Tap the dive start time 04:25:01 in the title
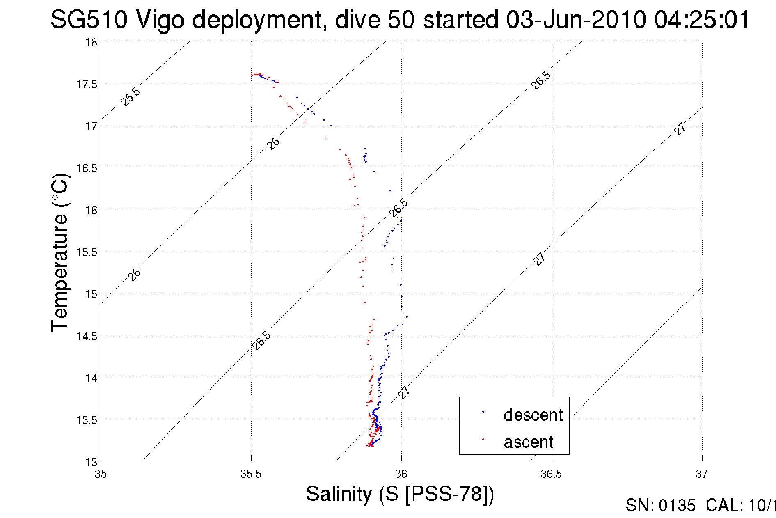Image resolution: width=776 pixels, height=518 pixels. point(702,20)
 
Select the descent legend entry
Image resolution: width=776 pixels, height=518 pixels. point(533,415)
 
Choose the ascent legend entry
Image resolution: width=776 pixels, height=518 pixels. point(529,442)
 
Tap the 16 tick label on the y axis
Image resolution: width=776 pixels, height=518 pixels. point(91,210)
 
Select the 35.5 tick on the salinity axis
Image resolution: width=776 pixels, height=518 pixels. point(251,474)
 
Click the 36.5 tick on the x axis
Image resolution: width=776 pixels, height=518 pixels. point(551,474)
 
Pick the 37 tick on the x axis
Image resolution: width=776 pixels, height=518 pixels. point(702,474)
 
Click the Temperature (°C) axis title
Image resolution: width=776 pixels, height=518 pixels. point(60,253)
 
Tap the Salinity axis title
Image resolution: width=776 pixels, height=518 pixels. point(400,494)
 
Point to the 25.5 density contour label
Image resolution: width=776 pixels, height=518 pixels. point(130,97)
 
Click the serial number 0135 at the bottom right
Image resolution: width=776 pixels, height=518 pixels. point(677,506)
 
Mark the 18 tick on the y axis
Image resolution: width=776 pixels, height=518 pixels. point(91,42)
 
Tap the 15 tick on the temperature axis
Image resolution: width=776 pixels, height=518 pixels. point(91,294)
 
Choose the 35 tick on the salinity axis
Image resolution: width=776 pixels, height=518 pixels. point(101,474)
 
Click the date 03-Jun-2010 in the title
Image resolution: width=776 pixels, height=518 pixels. point(576,20)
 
